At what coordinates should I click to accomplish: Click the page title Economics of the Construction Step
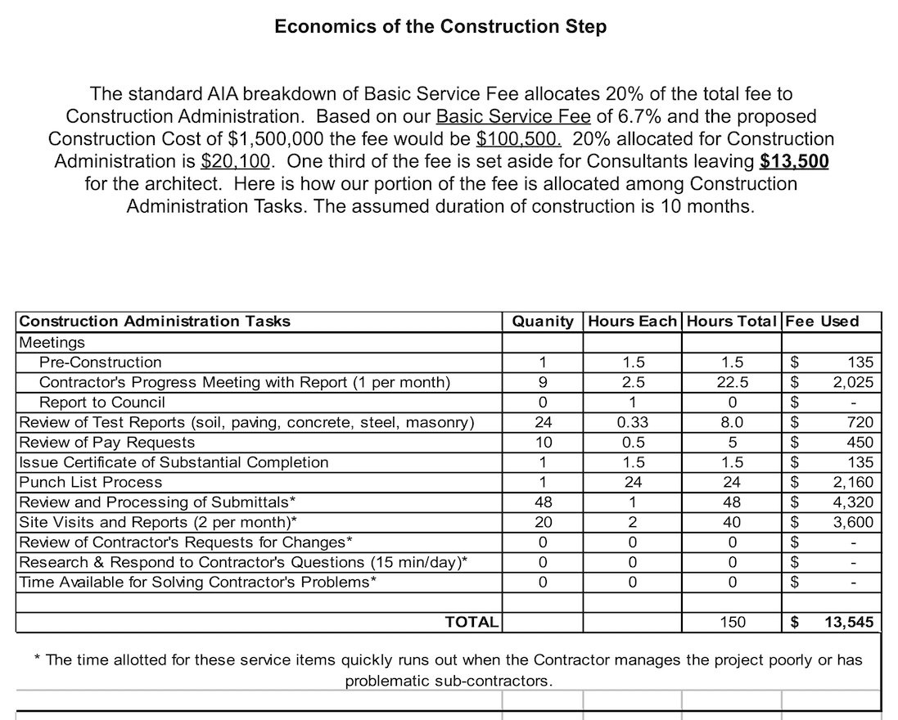point(440,26)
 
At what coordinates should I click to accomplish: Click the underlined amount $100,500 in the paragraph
point(518,139)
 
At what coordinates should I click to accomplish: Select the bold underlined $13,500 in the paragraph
point(794,161)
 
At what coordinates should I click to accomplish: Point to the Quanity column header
point(542,322)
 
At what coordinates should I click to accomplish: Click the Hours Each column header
point(633,322)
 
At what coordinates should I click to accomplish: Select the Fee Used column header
point(822,322)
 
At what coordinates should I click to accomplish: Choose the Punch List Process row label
point(91,482)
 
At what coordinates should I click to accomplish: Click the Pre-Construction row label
point(101,362)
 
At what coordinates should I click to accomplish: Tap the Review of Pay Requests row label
point(107,442)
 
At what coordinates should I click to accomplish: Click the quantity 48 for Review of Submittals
point(542,502)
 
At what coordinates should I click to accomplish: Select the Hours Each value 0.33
point(633,422)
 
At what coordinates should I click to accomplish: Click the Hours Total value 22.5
point(732,382)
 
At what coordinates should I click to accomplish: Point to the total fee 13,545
point(848,623)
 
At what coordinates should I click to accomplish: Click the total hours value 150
point(732,623)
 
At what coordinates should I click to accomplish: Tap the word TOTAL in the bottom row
point(472,623)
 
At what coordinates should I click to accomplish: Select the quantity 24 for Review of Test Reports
point(542,422)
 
